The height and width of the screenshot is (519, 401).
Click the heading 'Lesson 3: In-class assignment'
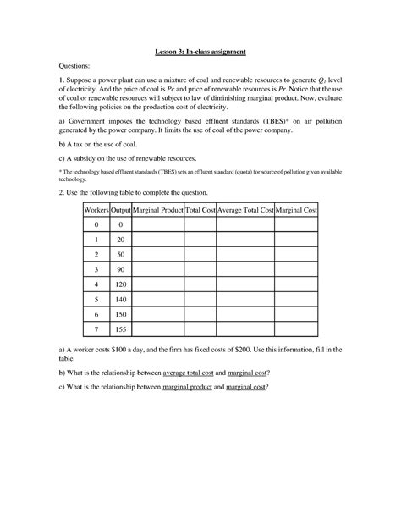click(200, 52)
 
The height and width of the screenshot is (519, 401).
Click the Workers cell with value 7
click(96, 329)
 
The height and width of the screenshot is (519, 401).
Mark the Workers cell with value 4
click(96, 284)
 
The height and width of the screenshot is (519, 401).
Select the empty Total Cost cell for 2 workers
click(200, 254)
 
